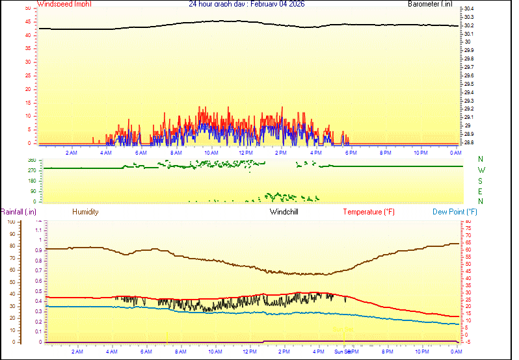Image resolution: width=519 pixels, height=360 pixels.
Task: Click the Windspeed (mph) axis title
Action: [x=64, y=4]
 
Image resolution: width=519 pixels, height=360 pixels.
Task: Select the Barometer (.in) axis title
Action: [x=430, y=4]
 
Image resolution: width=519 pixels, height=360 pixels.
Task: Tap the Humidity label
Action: [x=85, y=212]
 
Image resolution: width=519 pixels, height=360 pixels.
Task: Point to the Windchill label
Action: [x=284, y=212]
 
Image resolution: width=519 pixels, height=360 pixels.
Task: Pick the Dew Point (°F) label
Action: [x=455, y=212]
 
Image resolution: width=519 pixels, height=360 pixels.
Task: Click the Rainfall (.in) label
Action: [x=18, y=212]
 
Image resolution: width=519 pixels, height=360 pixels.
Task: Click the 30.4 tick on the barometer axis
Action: [x=468, y=8]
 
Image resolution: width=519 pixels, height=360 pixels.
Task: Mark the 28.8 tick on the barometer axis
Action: [x=468, y=142]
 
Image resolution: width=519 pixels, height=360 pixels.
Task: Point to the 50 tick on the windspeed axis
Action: [x=27, y=8]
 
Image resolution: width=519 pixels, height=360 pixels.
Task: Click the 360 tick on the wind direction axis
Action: [x=32, y=160]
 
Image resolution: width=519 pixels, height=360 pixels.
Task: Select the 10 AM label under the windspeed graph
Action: [x=210, y=153]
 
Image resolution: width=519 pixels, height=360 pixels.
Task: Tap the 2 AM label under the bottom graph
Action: [x=77, y=352]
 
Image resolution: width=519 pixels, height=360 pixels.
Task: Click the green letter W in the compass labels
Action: [x=481, y=170]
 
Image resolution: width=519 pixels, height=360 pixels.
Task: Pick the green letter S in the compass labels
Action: [x=481, y=181]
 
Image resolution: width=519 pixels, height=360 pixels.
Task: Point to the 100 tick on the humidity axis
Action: [x=11, y=222]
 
